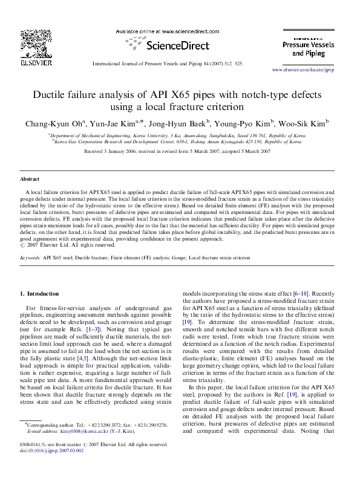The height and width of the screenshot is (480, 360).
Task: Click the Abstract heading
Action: [x=30, y=180]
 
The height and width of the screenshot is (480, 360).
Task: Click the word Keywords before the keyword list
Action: [x=30, y=257]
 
